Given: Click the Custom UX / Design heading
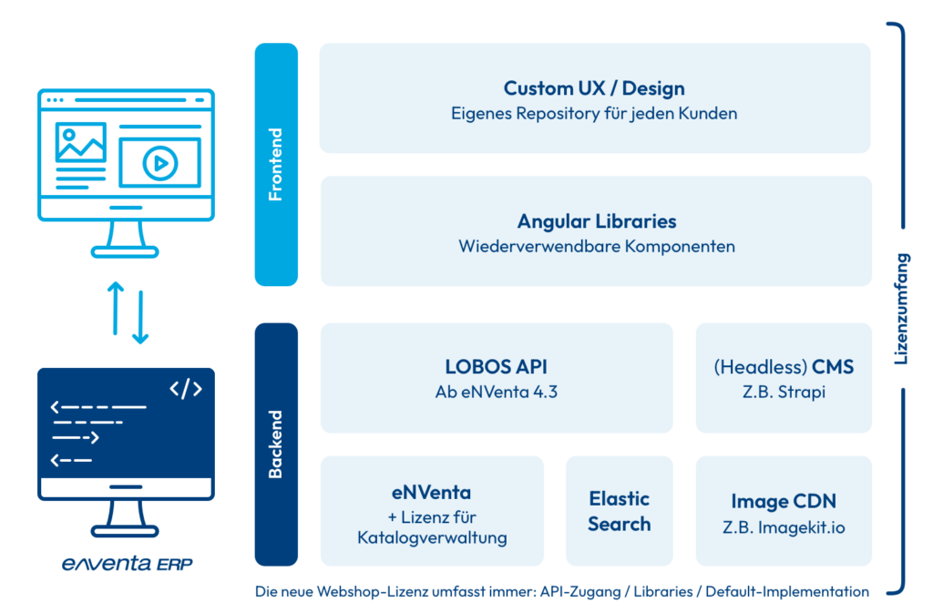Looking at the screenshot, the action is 594,88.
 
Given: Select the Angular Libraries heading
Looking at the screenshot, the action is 596,221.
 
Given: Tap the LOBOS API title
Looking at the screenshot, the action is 496,367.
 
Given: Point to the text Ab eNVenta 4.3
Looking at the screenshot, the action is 496,392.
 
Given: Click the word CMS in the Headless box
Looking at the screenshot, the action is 833,367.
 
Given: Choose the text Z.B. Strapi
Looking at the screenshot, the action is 783,392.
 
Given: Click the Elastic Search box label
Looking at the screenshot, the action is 619,511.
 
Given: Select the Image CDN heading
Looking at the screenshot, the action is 783,501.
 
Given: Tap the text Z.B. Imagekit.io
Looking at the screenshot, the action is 783,527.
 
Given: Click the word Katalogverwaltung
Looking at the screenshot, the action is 432,538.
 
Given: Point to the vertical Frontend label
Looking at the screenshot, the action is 275,165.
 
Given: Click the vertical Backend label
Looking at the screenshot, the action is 275,444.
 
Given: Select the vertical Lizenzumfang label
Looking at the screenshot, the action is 901,309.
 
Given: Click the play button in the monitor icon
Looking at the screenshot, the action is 159,163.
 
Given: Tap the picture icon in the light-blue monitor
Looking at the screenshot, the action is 81,142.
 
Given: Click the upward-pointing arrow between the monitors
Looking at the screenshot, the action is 116,309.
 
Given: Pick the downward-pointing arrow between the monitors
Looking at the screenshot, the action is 140,317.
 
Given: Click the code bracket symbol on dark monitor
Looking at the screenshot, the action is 186,389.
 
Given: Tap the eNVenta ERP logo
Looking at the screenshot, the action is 127,563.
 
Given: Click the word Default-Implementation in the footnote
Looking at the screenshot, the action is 786,592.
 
